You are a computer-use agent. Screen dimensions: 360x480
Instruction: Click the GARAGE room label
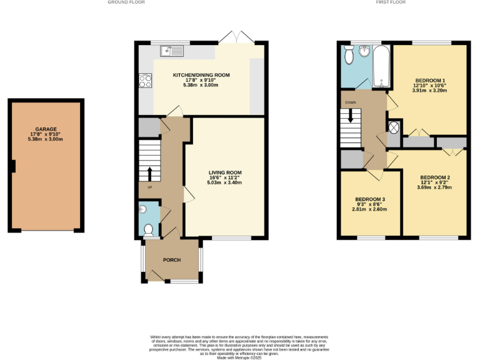(47, 129)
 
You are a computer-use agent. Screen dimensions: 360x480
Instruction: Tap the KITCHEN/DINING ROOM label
(201, 75)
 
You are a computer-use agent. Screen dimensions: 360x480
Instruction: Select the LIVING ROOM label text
(225, 172)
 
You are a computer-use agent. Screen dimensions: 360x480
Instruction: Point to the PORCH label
(172, 259)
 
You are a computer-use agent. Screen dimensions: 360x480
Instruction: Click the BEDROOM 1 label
(429, 81)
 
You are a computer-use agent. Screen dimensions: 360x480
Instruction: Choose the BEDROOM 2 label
(435, 177)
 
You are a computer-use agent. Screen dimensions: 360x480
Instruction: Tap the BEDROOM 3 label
(371, 199)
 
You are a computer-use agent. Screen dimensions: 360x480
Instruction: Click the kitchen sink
(170, 49)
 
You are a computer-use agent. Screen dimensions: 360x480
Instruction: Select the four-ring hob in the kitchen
(145, 80)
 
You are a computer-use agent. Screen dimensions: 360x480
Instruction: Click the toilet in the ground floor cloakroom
(149, 231)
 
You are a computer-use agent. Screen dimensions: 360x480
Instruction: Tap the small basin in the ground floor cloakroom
(142, 209)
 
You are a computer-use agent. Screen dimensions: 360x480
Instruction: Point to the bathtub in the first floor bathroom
(381, 66)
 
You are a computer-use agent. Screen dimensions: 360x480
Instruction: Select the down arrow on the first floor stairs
(351, 115)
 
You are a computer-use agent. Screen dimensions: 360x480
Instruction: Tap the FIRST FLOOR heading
(391, 2)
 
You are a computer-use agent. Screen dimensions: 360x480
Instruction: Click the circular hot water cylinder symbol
(394, 127)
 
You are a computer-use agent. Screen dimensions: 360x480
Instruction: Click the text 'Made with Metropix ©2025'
(239, 357)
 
